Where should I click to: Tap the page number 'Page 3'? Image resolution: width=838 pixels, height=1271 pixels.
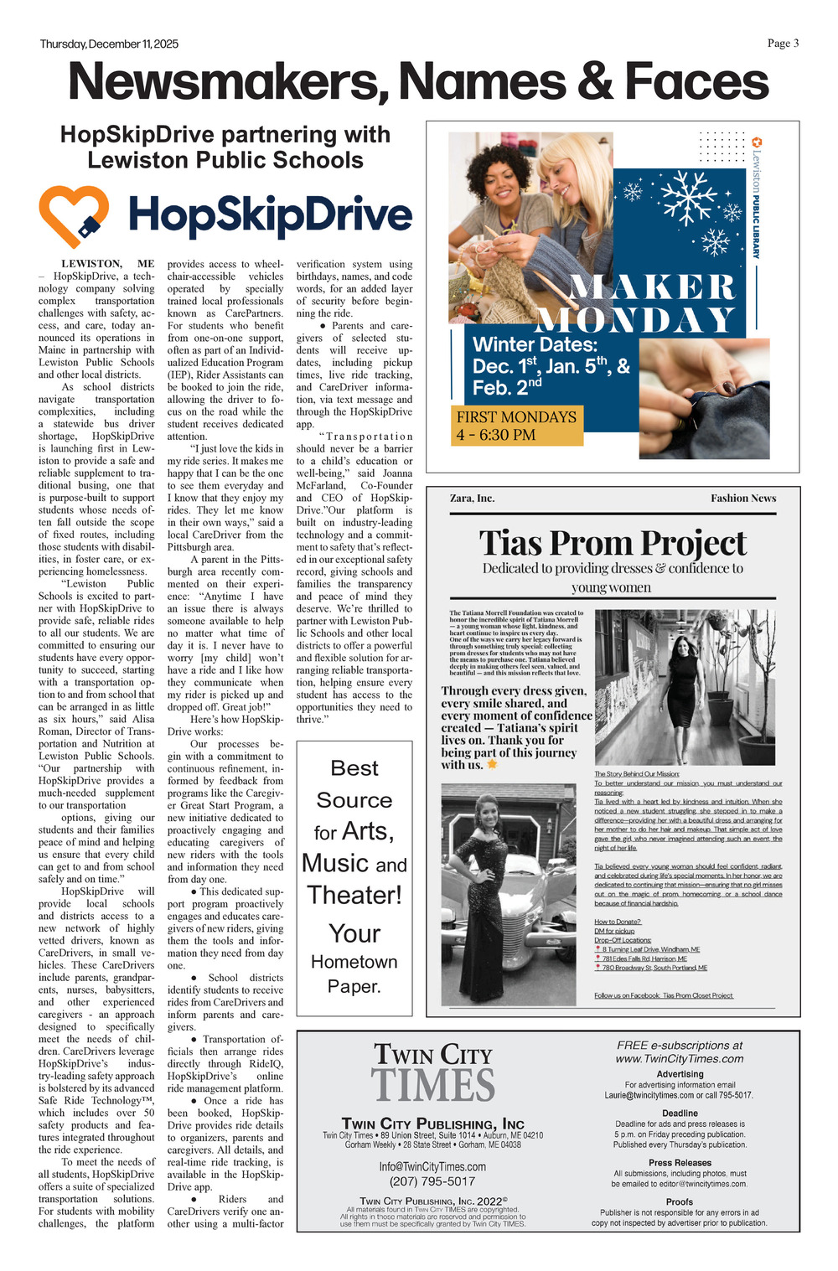[783, 44]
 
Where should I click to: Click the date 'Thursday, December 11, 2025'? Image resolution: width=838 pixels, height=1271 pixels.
[109, 44]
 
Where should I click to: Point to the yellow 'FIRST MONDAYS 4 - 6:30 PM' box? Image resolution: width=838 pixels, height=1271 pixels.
[519, 426]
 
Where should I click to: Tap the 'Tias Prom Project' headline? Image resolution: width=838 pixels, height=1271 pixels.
[612, 543]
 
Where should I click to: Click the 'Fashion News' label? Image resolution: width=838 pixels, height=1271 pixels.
[743, 498]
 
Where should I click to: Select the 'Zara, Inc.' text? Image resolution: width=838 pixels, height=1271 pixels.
[472, 498]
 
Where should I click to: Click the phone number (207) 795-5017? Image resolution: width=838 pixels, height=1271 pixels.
[432, 1181]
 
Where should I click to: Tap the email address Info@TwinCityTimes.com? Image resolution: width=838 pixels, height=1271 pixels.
[432, 1166]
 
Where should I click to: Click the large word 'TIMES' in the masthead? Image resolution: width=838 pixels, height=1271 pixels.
[432, 1085]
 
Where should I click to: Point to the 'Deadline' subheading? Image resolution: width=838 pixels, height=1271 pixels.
[680, 1113]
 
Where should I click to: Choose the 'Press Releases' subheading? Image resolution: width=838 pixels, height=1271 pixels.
[680, 1163]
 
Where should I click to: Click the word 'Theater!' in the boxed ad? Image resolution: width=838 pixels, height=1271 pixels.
[354, 895]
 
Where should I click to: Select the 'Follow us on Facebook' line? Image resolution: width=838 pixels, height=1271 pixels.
[664, 995]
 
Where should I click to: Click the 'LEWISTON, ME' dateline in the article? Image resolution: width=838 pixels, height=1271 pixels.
[108, 264]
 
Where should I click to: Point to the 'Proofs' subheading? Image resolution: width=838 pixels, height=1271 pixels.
[680, 1201]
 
